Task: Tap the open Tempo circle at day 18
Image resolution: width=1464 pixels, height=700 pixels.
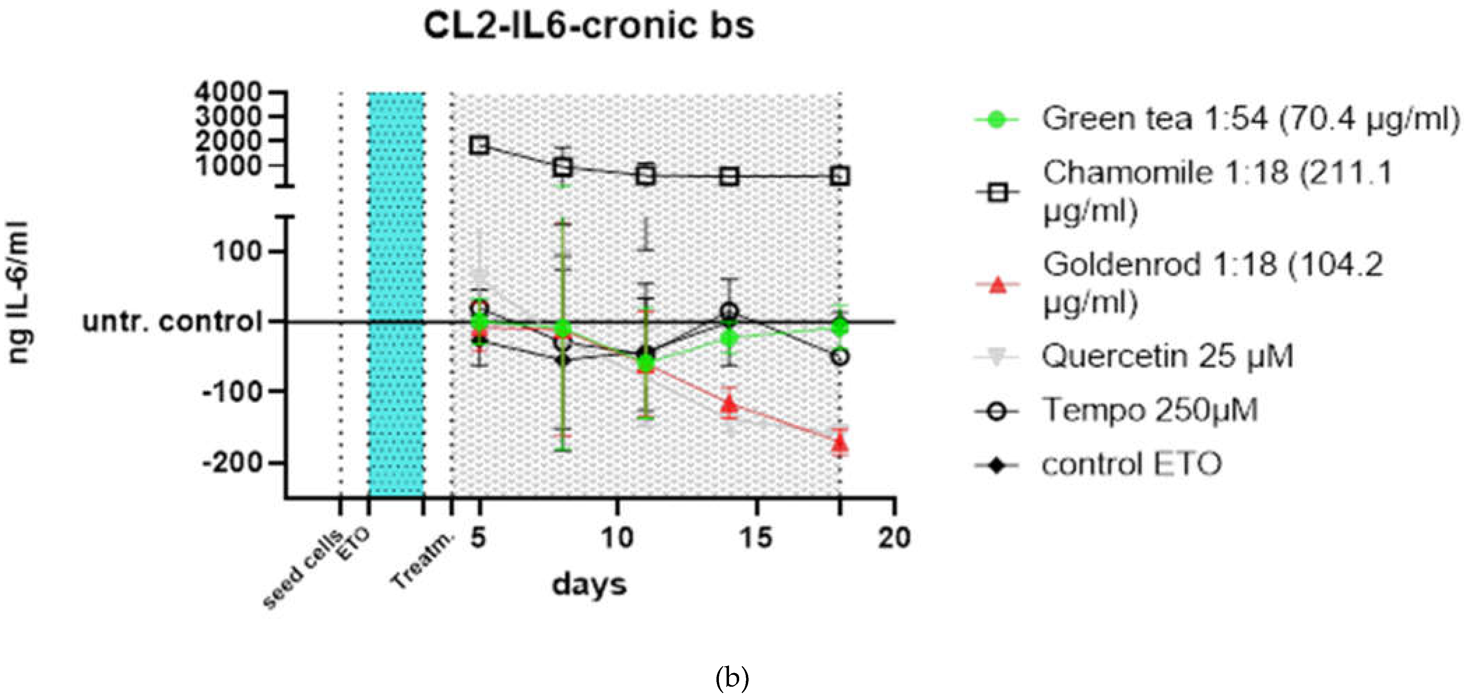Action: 840,357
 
